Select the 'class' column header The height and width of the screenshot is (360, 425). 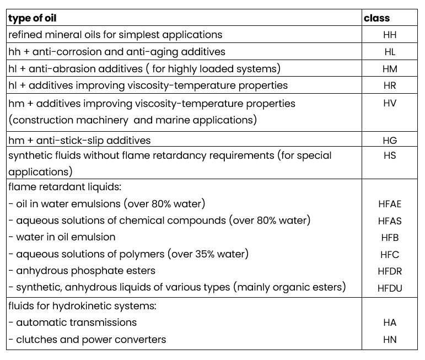[x=376, y=18]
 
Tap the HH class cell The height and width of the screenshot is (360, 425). [x=390, y=35]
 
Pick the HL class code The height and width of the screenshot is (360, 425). [x=390, y=52]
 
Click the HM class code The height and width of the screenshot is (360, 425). [x=390, y=69]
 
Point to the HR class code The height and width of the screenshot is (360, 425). [x=390, y=86]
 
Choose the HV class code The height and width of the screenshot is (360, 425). [x=390, y=103]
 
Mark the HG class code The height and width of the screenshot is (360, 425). [x=390, y=141]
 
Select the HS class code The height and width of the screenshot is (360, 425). [x=390, y=155]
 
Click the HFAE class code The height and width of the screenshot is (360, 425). [x=390, y=204]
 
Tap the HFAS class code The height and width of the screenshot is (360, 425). [x=390, y=221]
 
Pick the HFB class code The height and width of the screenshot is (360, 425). [x=390, y=238]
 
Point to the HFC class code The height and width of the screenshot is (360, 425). [x=390, y=255]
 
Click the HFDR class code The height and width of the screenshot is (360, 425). [x=390, y=271]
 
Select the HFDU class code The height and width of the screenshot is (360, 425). [x=390, y=288]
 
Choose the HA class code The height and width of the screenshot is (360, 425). [x=390, y=323]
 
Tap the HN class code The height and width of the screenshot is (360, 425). [x=390, y=340]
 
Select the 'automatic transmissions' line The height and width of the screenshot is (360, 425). [x=76, y=322]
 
